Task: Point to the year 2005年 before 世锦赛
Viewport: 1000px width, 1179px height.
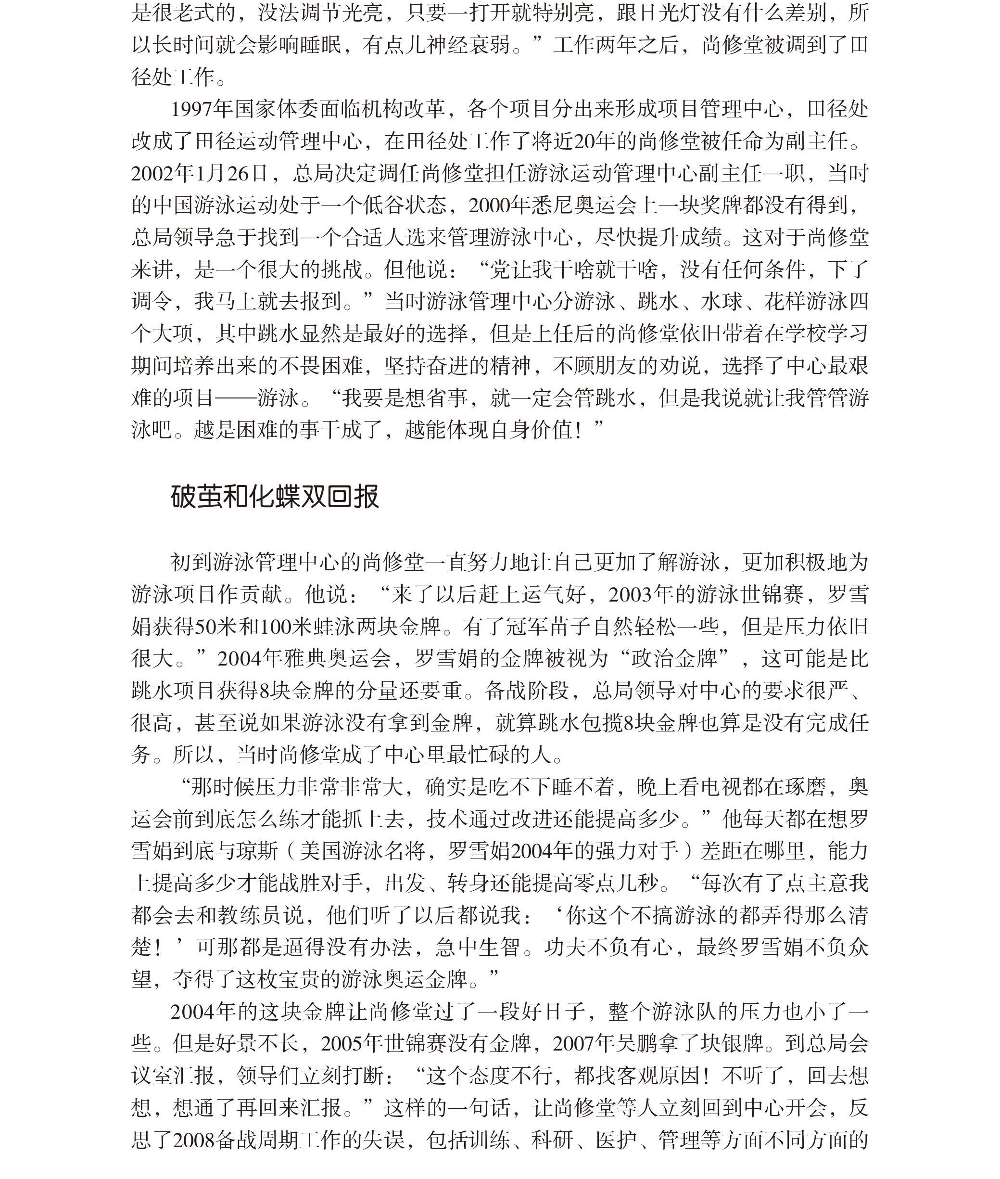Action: pos(353,1043)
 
